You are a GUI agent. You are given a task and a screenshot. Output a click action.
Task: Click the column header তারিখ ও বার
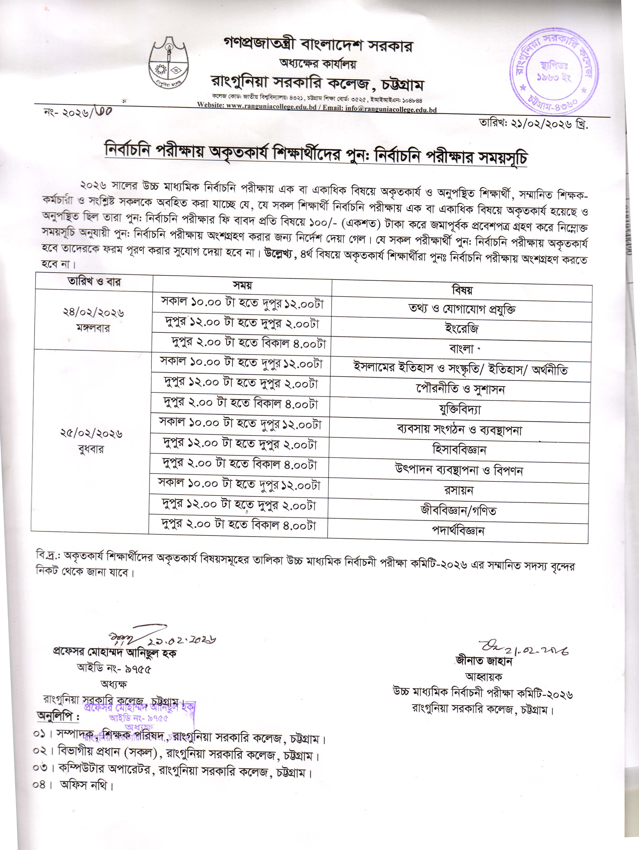click(x=94, y=282)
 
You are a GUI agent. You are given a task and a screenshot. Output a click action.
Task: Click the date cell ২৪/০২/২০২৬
click(x=93, y=313)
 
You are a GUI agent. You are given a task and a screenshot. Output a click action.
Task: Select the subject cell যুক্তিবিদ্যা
click(x=460, y=410)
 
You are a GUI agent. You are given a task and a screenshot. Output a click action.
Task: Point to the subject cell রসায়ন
click(x=458, y=490)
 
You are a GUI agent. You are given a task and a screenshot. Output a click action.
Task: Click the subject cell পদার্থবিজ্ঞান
click(x=458, y=531)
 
